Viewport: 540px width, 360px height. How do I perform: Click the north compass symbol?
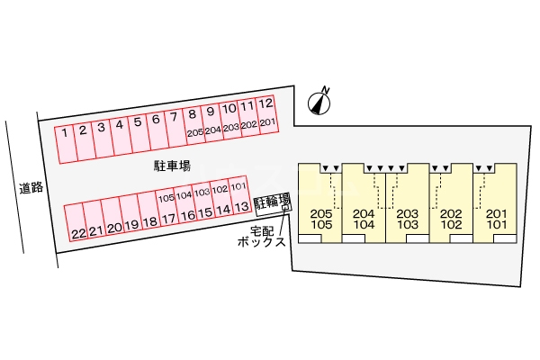click(x=319, y=102)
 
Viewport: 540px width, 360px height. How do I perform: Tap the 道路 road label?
click(x=31, y=188)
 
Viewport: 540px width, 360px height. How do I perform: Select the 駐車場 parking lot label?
click(x=172, y=166)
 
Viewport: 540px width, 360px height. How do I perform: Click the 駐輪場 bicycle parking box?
click(x=273, y=204)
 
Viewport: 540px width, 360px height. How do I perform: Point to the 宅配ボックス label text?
click(x=262, y=237)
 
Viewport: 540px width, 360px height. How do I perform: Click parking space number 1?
click(x=65, y=145)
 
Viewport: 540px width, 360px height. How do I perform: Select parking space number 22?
click(x=75, y=222)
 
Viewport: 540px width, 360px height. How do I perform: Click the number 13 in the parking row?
click(x=242, y=207)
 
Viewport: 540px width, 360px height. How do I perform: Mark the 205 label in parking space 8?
click(x=195, y=132)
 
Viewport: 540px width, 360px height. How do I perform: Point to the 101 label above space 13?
click(x=238, y=186)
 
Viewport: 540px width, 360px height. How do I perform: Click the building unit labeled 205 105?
click(x=319, y=202)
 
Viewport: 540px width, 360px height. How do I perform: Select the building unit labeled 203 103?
click(x=408, y=202)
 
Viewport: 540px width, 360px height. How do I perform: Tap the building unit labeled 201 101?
click(x=495, y=202)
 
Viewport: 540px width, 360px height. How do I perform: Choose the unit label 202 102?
click(x=451, y=219)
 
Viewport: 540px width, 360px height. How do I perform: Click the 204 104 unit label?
click(x=364, y=219)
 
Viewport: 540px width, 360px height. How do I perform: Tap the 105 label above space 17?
click(x=166, y=198)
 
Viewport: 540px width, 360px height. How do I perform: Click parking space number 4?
click(x=120, y=137)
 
